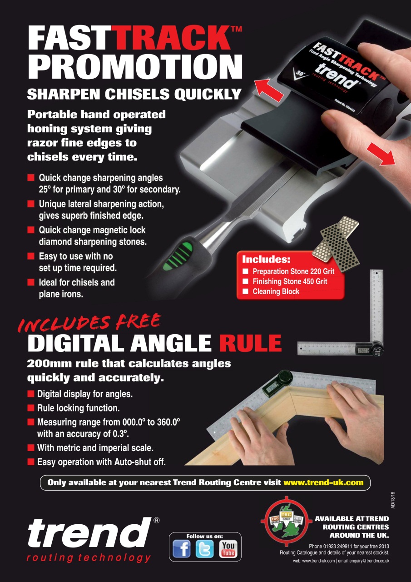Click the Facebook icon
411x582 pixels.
click(182, 549)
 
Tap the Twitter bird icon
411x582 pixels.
click(205, 549)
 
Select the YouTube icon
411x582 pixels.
click(228, 549)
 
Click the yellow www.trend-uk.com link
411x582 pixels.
click(323, 482)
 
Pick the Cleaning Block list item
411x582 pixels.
click(276, 291)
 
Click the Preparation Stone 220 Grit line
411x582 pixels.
click(293, 271)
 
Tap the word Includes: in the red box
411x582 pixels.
click(266, 260)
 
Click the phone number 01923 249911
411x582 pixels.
click(337, 546)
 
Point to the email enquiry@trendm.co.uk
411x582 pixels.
click(366, 561)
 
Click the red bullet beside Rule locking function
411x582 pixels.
click(31, 408)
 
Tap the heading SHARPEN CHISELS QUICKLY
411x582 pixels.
click(134, 94)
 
